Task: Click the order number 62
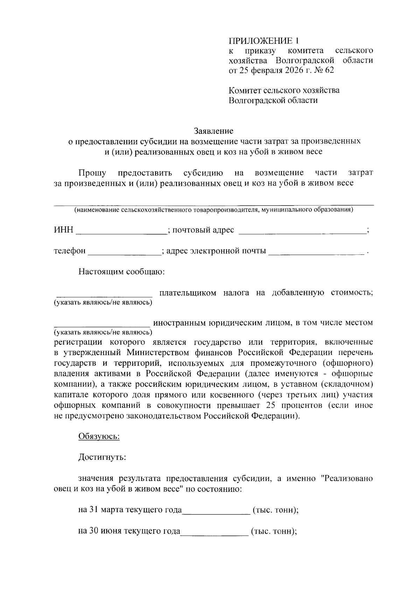[x=330, y=70]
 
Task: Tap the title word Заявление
[x=213, y=131]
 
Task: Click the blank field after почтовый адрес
[x=302, y=231]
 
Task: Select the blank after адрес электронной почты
[x=316, y=252]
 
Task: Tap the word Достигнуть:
[x=102, y=457]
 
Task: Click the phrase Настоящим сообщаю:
[x=121, y=272]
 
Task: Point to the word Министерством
[x=158, y=352]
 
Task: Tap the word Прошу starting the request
[x=92, y=173]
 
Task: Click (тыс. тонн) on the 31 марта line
[x=274, y=510]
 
